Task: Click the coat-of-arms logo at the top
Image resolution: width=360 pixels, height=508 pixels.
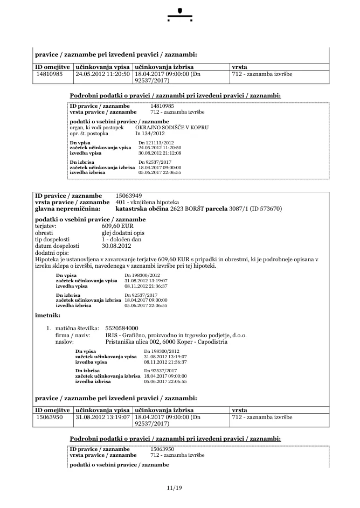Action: click(x=180, y=11)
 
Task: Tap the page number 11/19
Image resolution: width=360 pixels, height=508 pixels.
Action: click(x=175, y=488)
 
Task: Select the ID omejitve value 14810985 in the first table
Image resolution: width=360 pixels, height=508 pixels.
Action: click(x=50, y=74)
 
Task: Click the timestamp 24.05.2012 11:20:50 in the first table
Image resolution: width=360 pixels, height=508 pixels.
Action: click(x=102, y=74)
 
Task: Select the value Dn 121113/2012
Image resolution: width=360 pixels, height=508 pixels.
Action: click(x=156, y=142)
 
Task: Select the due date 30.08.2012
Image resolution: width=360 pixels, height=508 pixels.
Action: click(x=116, y=246)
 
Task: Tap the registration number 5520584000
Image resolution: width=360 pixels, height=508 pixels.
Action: click(x=122, y=328)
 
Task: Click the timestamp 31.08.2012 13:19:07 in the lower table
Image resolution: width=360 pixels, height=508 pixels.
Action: click(x=102, y=417)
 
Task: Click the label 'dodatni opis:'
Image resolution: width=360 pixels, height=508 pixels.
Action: click(x=52, y=252)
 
